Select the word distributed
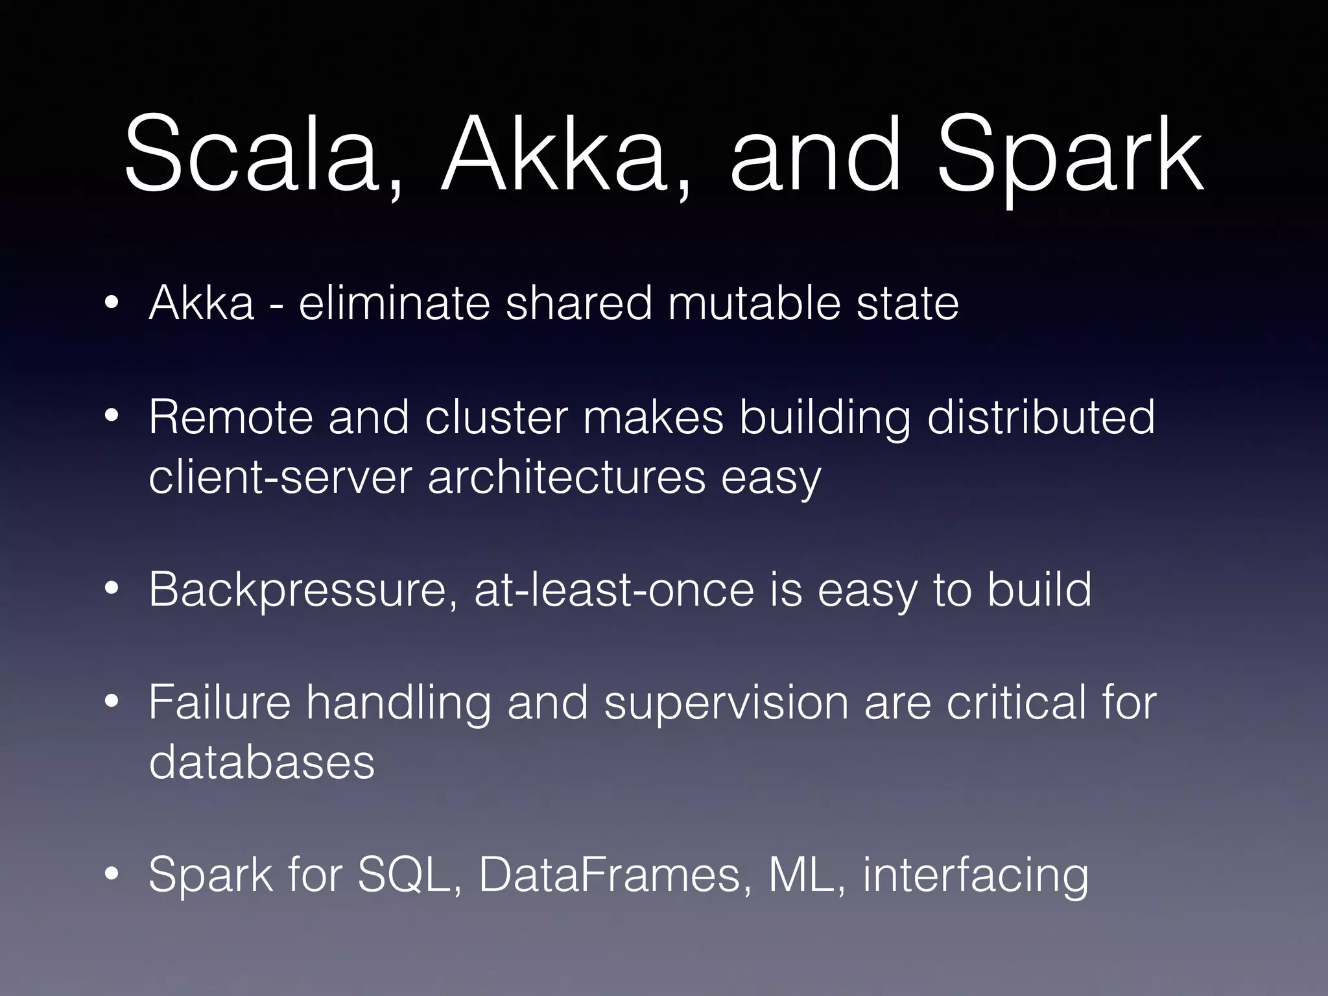tap(1041, 417)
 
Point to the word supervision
tap(726, 704)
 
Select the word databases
tap(261, 762)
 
